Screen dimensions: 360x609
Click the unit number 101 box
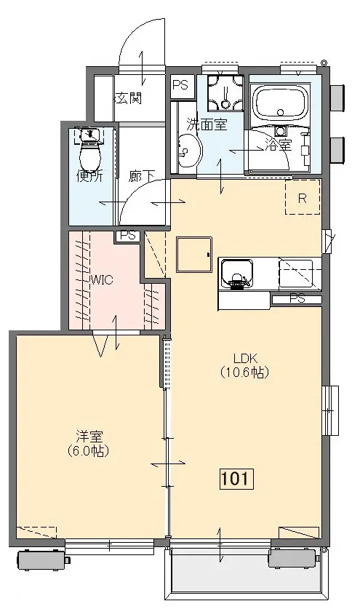point(236,479)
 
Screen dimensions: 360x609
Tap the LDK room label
point(245,358)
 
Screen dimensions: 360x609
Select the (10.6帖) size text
point(244,372)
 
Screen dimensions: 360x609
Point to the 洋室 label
point(89,437)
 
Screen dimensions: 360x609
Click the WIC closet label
point(101,279)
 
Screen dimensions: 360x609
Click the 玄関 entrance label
point(129,99)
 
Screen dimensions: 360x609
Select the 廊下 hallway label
point(141,176)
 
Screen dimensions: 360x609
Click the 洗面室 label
point(207,124)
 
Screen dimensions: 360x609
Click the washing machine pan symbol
point(225,93)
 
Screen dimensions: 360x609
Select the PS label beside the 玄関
point(180,84)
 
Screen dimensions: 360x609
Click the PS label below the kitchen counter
point(297,299)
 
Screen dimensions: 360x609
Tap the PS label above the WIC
point(128,235)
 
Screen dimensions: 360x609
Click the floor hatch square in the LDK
point(194,255)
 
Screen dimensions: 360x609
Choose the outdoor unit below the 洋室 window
point(42,560)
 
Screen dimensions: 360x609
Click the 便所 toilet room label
point(89,176)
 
